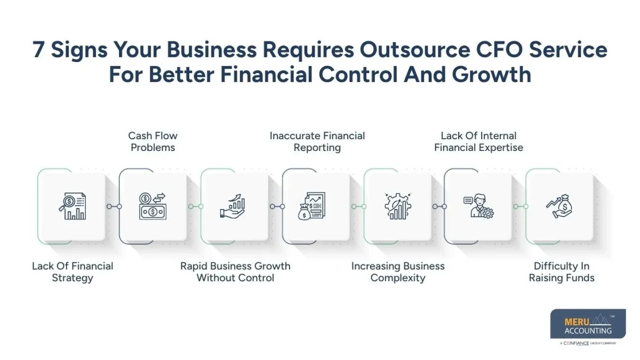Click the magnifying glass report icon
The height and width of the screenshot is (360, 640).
pyautogui.click(x=73, y=206)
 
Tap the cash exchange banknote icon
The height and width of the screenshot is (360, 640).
pyautogui.click(x=153, y=206)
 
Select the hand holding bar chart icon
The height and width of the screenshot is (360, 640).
pyautogui.click(x=233, y=206)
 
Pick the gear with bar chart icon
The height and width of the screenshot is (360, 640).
pyautogui.click(x=398, y=206)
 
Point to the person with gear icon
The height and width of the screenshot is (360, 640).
pyautogui.click(x=478, y=206)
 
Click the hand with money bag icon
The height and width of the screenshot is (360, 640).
pyautogui.click(x=558, y=206)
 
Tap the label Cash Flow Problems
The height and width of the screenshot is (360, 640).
pyautogui.click(x=153, y=141)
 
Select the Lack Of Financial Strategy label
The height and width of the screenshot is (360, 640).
pyautogui.click(x=73, y=271)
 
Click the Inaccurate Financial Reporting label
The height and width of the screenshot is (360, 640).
pyautogui.click(x=317, y=141)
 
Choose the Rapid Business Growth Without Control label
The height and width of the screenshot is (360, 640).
pyautogui.click(x=235, y=271)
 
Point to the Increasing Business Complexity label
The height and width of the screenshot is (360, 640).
pyautogui.click(x=398, y=271)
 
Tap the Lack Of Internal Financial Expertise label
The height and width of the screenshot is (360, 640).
pyautogui.click(x=478, y=141)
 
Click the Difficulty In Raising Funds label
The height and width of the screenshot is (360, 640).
pyautogui.click(x=562, y=271)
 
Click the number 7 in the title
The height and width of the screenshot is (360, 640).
pyautogui.click(x=38, y=50)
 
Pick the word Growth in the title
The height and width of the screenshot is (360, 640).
pyautogui.click(x=492, y=75)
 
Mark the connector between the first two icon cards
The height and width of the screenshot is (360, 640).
pyautogui.click(x=113, y=206)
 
